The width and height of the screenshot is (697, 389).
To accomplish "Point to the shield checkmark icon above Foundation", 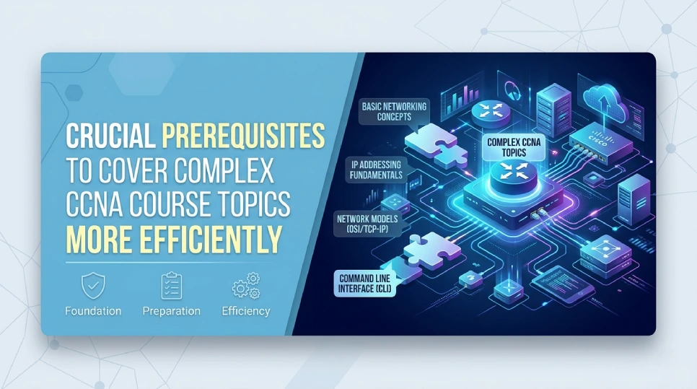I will (92, 287).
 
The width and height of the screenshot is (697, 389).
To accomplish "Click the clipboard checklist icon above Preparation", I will (171, 287).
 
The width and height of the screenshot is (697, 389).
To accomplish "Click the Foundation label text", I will (93, 311).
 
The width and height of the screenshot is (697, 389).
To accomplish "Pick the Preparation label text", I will (171, 311).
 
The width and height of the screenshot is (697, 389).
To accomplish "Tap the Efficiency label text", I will (245, 311).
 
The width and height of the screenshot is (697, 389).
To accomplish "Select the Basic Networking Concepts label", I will (393, 112).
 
